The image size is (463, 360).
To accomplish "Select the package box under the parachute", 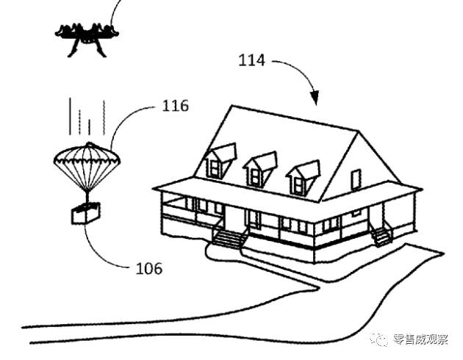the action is click(x=86, y=212).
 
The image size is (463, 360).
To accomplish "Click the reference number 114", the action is click(x=251, y=60).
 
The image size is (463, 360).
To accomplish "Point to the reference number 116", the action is click(x=176, y=106).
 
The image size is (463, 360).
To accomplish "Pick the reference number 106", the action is click(x=148, y=269).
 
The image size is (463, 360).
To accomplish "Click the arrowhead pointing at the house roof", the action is click(x=315, y=98).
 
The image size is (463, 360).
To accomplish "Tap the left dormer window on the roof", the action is click(x=220, y=162).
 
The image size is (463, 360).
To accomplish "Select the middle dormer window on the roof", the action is click(x=260, y=170).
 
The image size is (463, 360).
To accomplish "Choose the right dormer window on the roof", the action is click(x=303, y=178).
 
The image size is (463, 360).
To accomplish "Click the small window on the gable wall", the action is click(x=356, y=180).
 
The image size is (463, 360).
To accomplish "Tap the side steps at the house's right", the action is click(x=381, y=235).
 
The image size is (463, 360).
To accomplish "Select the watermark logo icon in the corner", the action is click(x=378, y=339).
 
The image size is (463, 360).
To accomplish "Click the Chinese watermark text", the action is click(x=420, y=339).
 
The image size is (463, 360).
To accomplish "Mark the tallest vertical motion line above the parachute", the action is click(x=70, y=116).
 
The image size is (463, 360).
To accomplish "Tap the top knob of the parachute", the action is click(x=89, y=144).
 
